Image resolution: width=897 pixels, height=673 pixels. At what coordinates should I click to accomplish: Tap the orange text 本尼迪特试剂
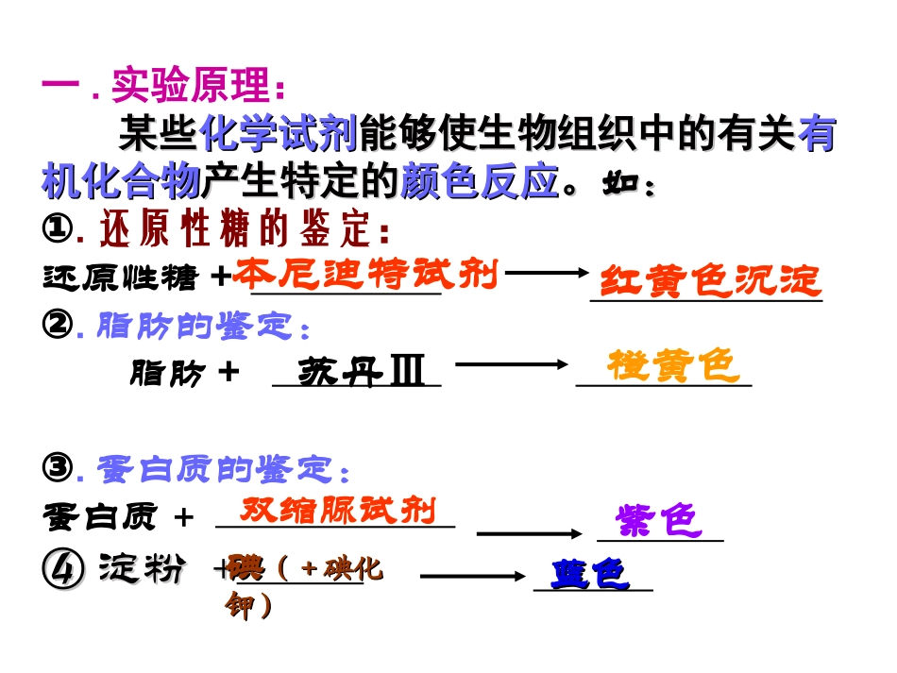pos(365,274)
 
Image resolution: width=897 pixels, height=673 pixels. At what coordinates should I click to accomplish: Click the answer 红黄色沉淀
pos(711,281)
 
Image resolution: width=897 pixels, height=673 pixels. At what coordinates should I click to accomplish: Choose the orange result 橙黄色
pos(672,366)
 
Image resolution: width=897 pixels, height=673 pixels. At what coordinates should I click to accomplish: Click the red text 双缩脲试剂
pos(338,511)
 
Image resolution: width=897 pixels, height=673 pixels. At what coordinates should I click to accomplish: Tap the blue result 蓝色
pos(589,574)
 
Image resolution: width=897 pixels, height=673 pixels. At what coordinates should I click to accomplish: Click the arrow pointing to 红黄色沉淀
pos(548,274)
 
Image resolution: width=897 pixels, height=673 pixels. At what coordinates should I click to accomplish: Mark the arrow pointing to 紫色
pos(531,534)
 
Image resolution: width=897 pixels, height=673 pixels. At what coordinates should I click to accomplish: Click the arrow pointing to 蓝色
pos(473,575)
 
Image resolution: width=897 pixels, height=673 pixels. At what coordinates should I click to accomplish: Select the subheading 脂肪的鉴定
pos(202,327)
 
